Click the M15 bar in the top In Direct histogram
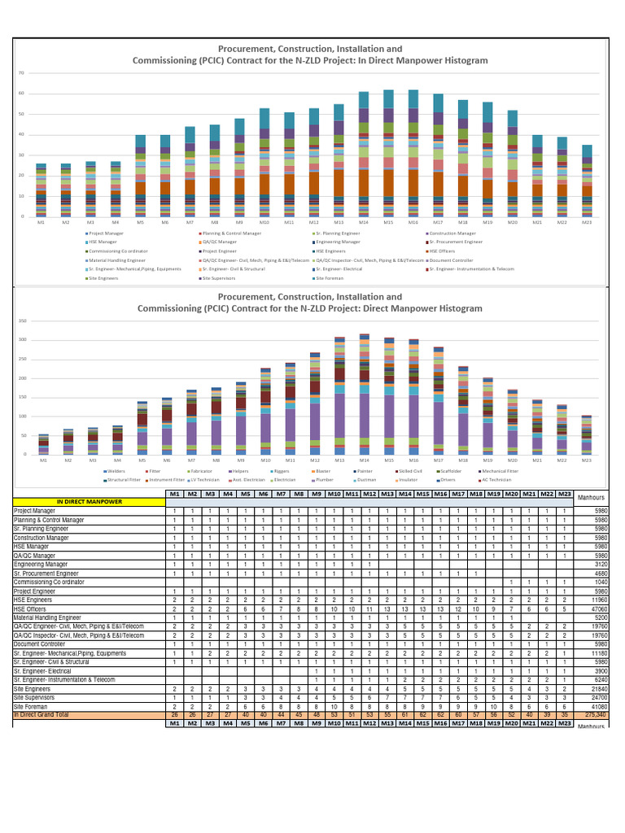[388, 155]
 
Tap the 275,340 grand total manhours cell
[594, 713]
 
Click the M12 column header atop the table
[369, 494]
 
